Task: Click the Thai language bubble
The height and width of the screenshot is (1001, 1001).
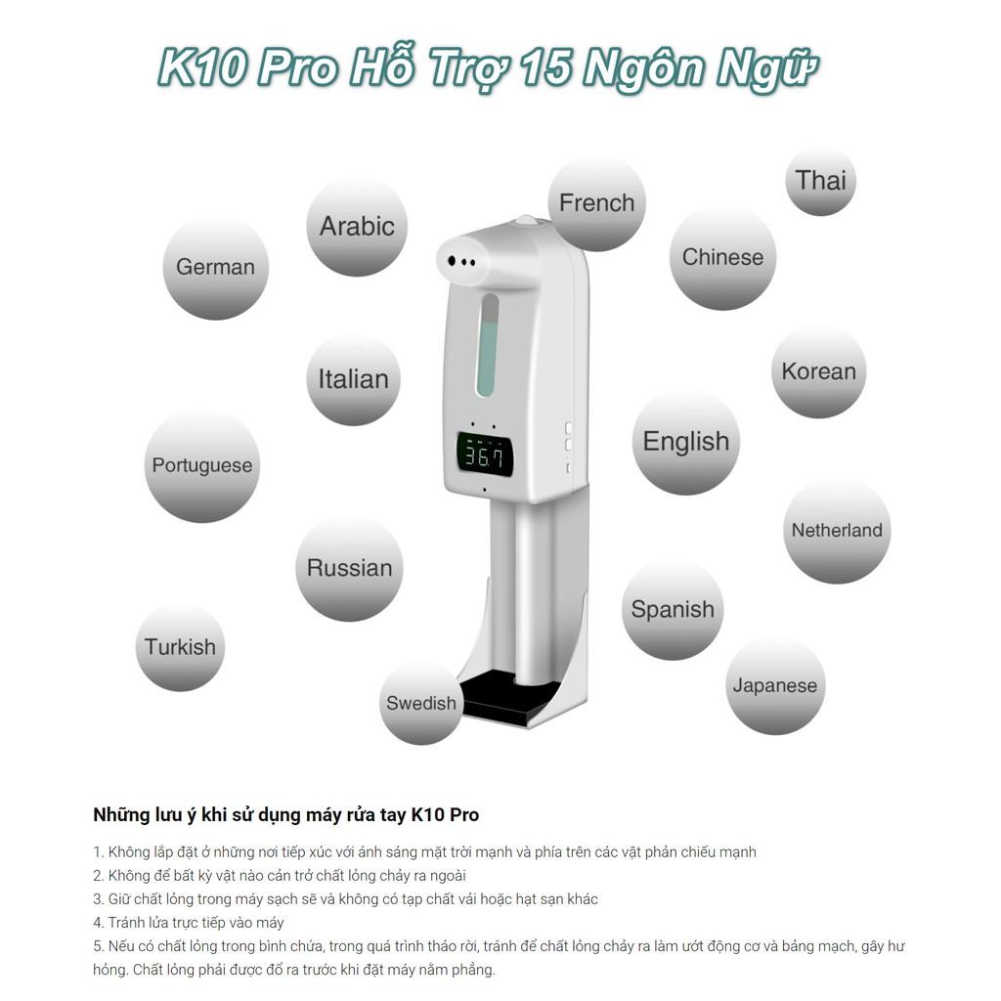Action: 820,181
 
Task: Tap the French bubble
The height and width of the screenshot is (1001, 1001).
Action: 597,203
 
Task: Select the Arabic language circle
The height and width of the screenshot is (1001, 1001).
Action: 357,227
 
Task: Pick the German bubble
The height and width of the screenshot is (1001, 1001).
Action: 216,267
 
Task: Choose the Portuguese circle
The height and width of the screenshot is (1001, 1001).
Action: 202,465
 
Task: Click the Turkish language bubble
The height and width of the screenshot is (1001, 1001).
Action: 180,647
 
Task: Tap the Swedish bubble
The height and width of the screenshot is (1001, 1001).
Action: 421,704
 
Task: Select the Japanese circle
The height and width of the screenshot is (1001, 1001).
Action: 775,685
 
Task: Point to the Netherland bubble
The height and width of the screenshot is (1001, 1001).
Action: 837,531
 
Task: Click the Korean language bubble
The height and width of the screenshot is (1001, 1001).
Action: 819,371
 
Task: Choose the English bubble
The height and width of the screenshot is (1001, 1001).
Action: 686,442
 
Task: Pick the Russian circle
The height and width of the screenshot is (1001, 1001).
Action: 349,568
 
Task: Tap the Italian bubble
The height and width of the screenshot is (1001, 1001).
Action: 354,379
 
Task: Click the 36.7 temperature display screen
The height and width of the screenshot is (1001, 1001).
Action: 485,455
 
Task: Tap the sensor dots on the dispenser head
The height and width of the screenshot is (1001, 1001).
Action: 462,262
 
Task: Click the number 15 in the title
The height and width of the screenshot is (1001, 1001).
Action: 547,67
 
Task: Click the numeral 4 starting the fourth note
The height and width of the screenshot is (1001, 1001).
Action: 98,923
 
